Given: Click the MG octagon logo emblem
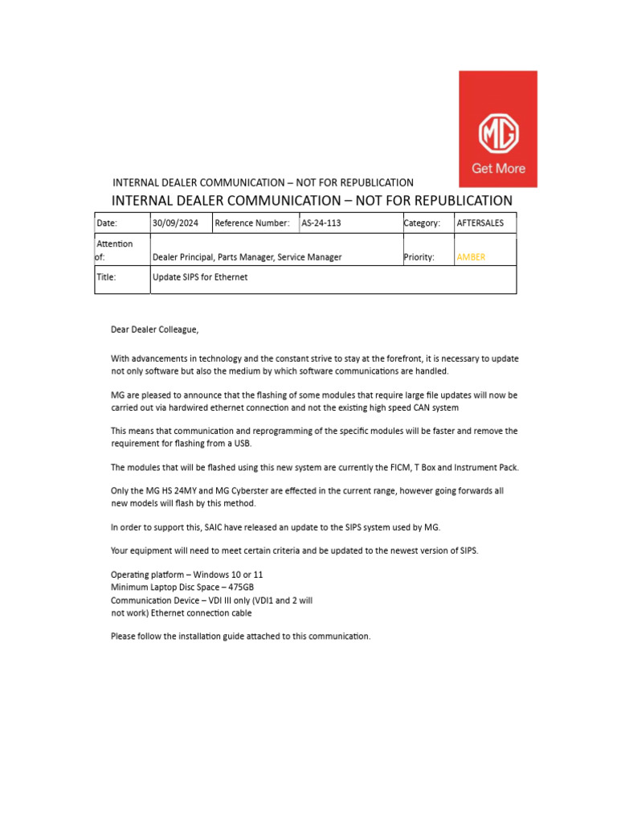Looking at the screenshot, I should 498,133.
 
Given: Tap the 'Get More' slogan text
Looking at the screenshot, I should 498,169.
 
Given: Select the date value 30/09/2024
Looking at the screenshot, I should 175,223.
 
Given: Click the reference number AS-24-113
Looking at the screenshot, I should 321,223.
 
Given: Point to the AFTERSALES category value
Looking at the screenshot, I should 480,223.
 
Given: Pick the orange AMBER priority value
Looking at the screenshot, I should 471,257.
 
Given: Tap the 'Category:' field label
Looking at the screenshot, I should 423,223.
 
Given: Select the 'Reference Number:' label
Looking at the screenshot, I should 251,223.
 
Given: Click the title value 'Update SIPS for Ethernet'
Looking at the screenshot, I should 200,277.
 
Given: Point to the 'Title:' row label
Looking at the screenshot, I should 107,277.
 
